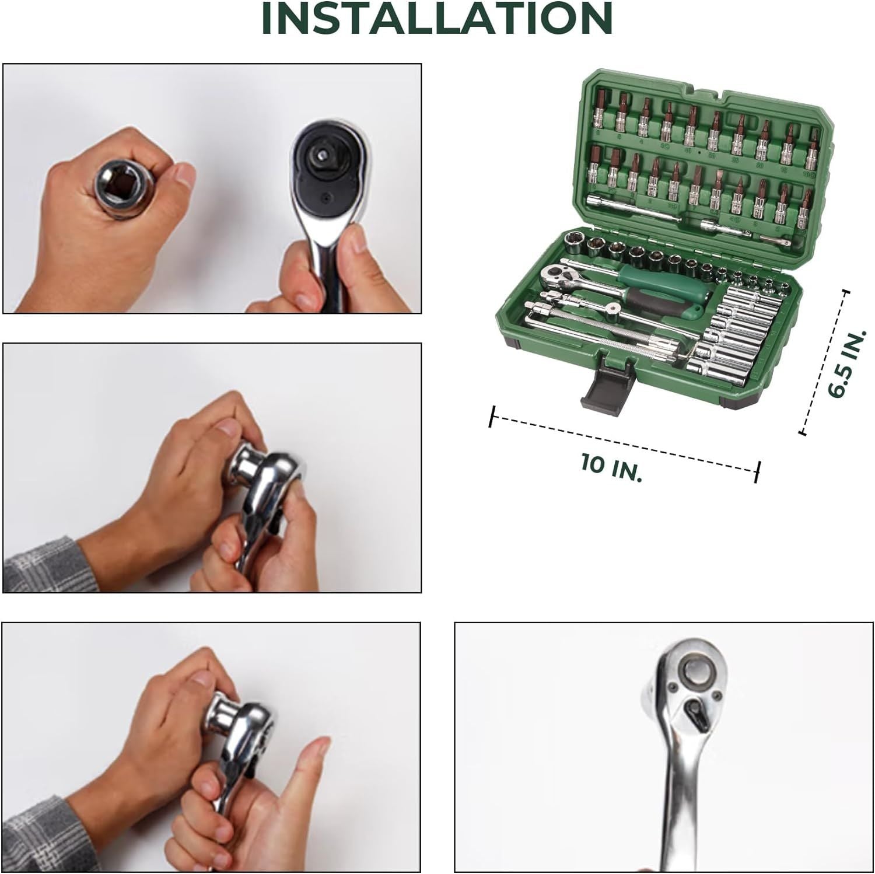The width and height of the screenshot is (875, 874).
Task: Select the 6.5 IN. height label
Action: [846, 365]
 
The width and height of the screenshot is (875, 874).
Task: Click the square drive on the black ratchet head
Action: [322, 155]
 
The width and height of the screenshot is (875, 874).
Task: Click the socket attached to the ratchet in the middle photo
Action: [245, 464]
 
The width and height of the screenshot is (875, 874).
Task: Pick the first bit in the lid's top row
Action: [600, 109]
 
